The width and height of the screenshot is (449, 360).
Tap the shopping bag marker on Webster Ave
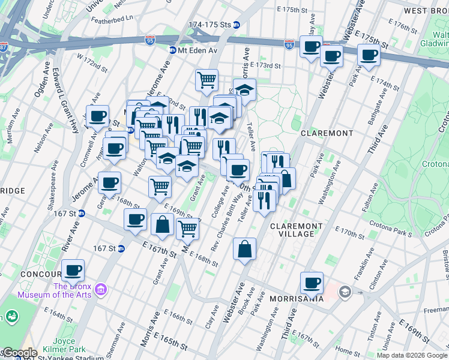click(245, 249)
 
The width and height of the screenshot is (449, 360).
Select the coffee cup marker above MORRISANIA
click(311, 283)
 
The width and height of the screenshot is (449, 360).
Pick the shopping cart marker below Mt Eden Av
click(206, 79)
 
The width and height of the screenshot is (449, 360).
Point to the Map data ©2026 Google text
click(412, 355)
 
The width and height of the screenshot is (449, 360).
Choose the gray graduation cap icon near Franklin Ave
click(345, 292)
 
